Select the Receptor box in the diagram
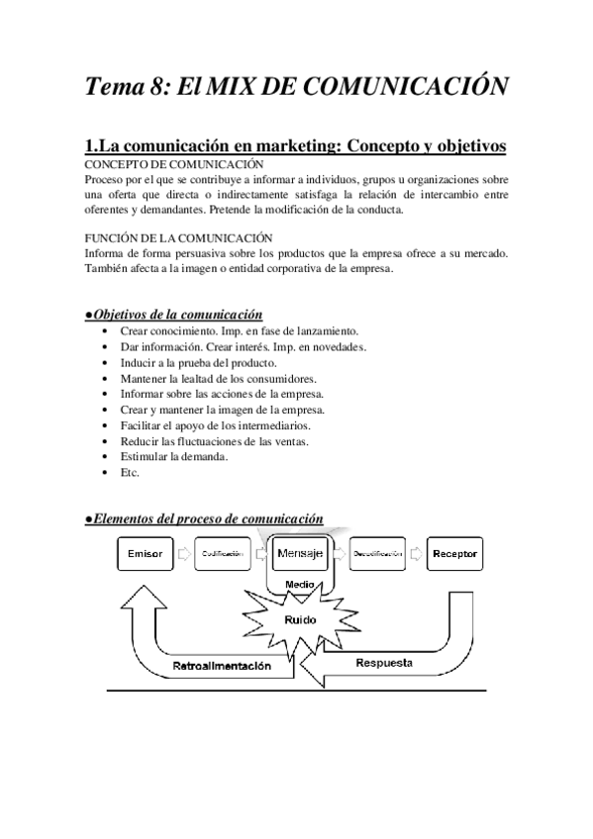point(454,554)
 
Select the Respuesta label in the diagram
point(384,659)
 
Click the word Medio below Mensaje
point(299,584)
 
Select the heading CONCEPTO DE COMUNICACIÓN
point(174,163)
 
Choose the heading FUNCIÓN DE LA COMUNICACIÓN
point(180,238)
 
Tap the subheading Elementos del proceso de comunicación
point(205,518)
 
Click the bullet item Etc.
point(130,473)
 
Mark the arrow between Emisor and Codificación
point(184,554)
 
